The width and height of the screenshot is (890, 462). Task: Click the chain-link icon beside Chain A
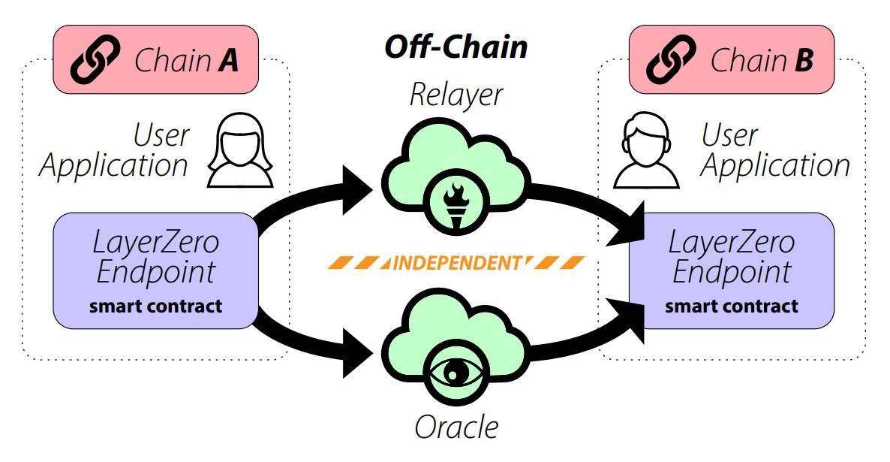(x=95, y=59)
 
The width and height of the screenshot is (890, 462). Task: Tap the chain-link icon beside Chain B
(x=671, y=59)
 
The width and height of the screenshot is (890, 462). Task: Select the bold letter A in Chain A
(x=227, y=59)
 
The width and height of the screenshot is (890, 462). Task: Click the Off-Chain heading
(x=456, y=47)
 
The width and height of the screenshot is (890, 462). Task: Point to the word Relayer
(x=456, y=95)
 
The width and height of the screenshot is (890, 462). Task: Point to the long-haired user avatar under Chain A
(x=239, y=150)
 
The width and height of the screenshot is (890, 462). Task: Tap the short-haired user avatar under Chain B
(x=646, y=150)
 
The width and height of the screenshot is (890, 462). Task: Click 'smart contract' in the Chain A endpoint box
(x=155, y=306)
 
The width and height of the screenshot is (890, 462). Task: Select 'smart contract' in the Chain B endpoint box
(x=732, y=306)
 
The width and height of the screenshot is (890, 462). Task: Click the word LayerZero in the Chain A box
(x=155, y=243)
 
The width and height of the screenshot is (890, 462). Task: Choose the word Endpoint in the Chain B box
(x=732, y=272)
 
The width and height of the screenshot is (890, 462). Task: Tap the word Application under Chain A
(x=113, y=167)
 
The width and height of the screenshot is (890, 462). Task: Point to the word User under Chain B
(x=730, y=135)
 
